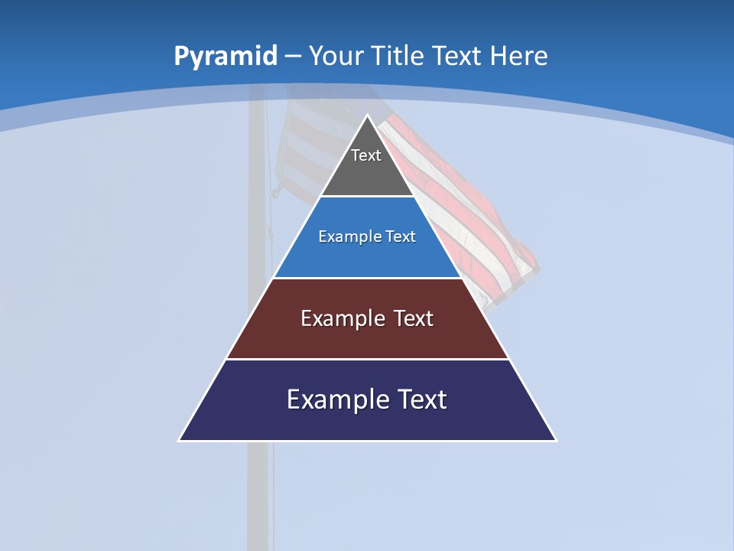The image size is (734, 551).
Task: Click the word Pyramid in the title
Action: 225,57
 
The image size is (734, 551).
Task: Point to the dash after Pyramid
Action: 293,57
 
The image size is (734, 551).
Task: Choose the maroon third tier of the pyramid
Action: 367,337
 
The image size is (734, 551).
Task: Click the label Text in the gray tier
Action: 366,155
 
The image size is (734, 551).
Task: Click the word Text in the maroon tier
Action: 413,318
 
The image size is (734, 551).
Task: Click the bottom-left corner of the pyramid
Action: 180,439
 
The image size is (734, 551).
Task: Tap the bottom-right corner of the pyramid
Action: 555,439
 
